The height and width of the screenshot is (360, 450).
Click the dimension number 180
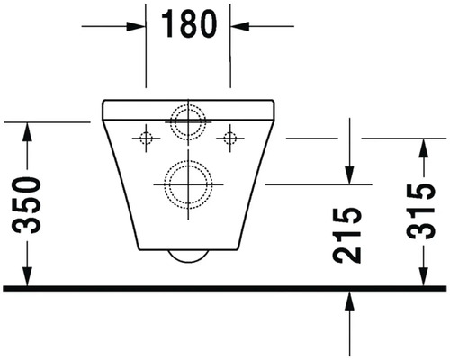[x=189, y=23]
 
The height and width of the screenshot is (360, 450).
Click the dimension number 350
[x=26, y=205]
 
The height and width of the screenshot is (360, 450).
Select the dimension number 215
[x=346, y=236]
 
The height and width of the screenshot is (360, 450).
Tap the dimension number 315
[x=420, y=211]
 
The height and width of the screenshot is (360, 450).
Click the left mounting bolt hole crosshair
[x=146, y=139]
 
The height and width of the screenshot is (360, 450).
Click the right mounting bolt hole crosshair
[x=230, y=139]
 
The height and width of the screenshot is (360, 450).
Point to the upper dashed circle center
[x=188, y=122]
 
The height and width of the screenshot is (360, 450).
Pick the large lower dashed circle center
[x=188, y=184]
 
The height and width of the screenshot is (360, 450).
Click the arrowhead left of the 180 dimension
[x=136, y=26]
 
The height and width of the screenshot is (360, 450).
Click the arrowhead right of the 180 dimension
[x=240, y=26]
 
